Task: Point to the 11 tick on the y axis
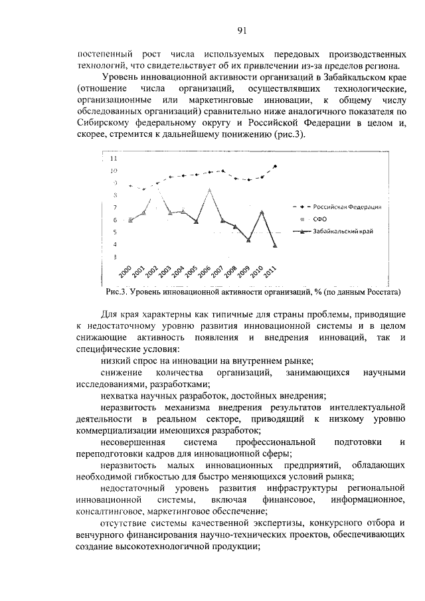[114, 159]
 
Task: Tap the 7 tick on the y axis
[114, 208]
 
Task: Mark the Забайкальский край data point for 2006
[210, 190]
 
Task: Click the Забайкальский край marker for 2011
[275, 245]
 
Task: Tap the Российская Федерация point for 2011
[275, 166]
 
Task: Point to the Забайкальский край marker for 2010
[262, 212]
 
